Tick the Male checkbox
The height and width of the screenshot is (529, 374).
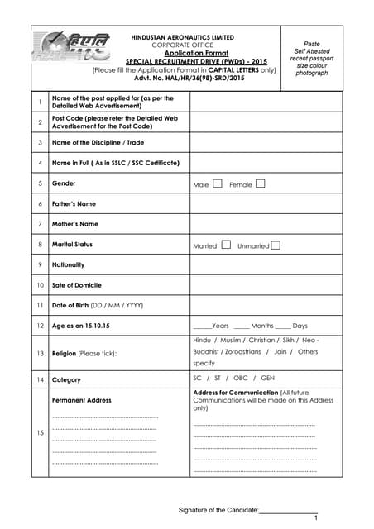[217, 183]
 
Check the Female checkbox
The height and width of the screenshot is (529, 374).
[260, 183]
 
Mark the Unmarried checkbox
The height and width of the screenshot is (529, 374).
[276, 245]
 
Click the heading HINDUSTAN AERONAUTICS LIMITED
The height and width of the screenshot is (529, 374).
[183, 37]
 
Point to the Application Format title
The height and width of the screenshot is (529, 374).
[183, 54]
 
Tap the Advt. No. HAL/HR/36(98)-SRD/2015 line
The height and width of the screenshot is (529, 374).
[183, 79]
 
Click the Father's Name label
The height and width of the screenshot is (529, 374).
[74, 203]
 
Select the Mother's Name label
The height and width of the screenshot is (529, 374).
[74, 224]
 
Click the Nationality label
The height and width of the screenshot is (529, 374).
[68, 264]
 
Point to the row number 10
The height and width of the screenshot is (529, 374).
[40, 285]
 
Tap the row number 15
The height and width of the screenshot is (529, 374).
[40, 432]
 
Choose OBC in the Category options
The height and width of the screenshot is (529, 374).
[241, 379]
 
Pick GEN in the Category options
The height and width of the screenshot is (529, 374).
[267, 379]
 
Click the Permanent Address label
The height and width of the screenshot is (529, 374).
[81, 400]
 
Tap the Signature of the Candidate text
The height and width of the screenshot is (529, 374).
[218, 510]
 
